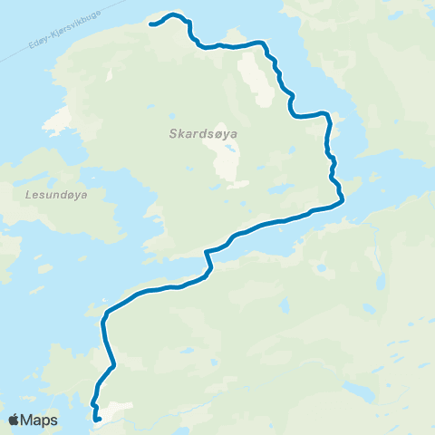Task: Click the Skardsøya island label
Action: pyautogui.click(x=203, y=134)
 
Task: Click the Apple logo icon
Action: pyautogui.click(x=14, y=420)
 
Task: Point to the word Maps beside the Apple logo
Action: pyautogui.click(x=39, y=420)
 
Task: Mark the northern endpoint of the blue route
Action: pyautogui.click(x=150, y=24)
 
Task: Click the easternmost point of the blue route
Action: pyautogui.click(x=343, y=200)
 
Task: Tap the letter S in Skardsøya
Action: pyautogui.click(x=173, y=134)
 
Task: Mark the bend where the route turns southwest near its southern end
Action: pyautogui.click(x=113, y=367)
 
